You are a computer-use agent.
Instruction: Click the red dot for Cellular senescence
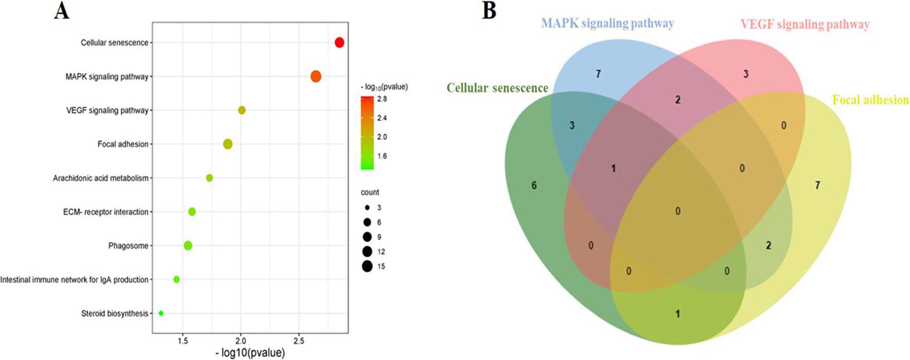(x=339, y=43)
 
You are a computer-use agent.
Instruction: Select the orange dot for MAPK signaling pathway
(x=316, y=77)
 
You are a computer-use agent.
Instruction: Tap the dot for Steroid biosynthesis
(x=161, y=313)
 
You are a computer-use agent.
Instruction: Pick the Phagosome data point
(x=188, y=245)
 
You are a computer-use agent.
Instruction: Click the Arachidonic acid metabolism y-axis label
(x=101, y=178)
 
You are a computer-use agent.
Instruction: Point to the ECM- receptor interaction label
(x=106, y=212)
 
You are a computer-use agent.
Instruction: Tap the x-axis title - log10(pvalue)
(x=250, y=353)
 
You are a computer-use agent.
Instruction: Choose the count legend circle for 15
(x=367, y=266)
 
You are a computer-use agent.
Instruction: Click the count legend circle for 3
(x=367, y=207)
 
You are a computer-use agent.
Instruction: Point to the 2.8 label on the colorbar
(x=382, y=99)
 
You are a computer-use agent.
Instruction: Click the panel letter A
(x=61, y=11)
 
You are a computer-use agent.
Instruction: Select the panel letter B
(x=489, y=11)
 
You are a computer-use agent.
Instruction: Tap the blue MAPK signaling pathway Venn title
(x=608, y=23)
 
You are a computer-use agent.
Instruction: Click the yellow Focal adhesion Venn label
(x=870, y=100)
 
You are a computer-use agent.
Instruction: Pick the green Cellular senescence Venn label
(x=497, y=88)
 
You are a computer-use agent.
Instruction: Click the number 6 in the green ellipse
(x=534, y=185)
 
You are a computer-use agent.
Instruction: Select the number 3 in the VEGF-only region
(x=746, y=74)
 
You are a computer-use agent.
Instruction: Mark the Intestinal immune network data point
(x=177, y=279)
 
